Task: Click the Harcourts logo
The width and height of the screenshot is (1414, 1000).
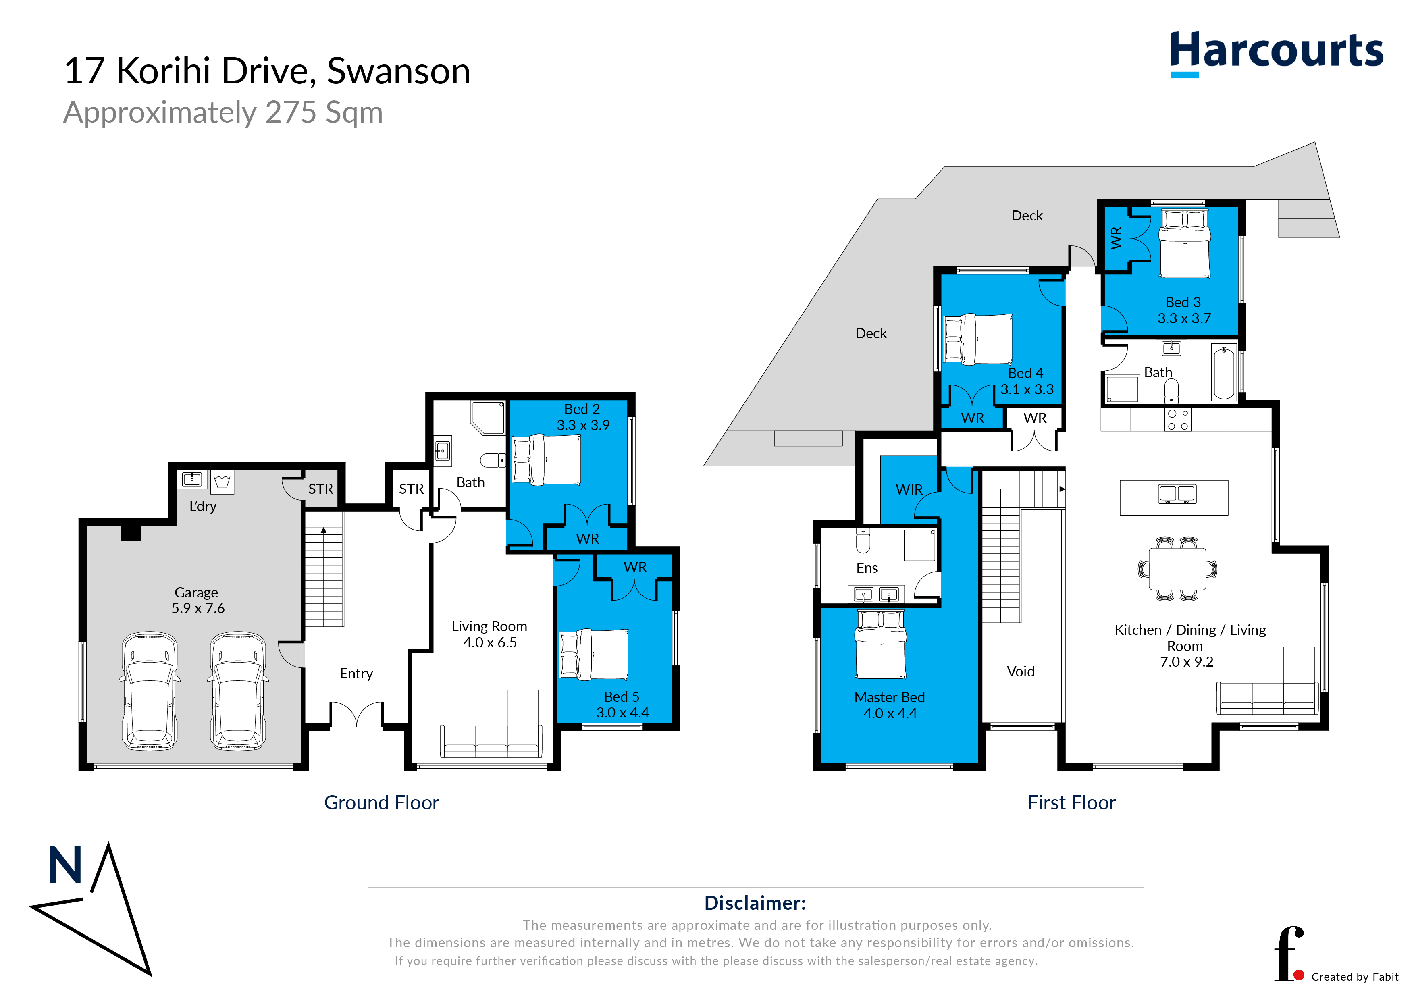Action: point(1276,52)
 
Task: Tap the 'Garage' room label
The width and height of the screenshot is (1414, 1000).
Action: point(196,593)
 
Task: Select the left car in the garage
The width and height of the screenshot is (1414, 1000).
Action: point(150,690)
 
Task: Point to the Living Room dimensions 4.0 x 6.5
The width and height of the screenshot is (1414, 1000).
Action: point(490,642)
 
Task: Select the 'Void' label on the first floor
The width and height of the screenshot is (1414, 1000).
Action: point(1021,671)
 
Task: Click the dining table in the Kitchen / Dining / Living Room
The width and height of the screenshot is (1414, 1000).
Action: point(1177,569)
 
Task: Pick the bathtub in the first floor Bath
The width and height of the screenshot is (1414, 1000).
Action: point(1224,372)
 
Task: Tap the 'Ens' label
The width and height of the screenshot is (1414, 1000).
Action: point(867,568)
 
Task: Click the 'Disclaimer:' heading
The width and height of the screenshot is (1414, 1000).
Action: point(755,903)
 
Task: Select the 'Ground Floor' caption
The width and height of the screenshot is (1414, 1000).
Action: point(381,802)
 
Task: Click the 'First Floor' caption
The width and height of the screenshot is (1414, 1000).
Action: point(1072,802)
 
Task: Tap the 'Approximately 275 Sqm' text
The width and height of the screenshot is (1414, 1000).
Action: point(223,113)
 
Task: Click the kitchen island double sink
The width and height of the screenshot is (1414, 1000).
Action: point(1177,493)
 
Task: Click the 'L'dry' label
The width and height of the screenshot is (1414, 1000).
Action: point(203,506)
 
